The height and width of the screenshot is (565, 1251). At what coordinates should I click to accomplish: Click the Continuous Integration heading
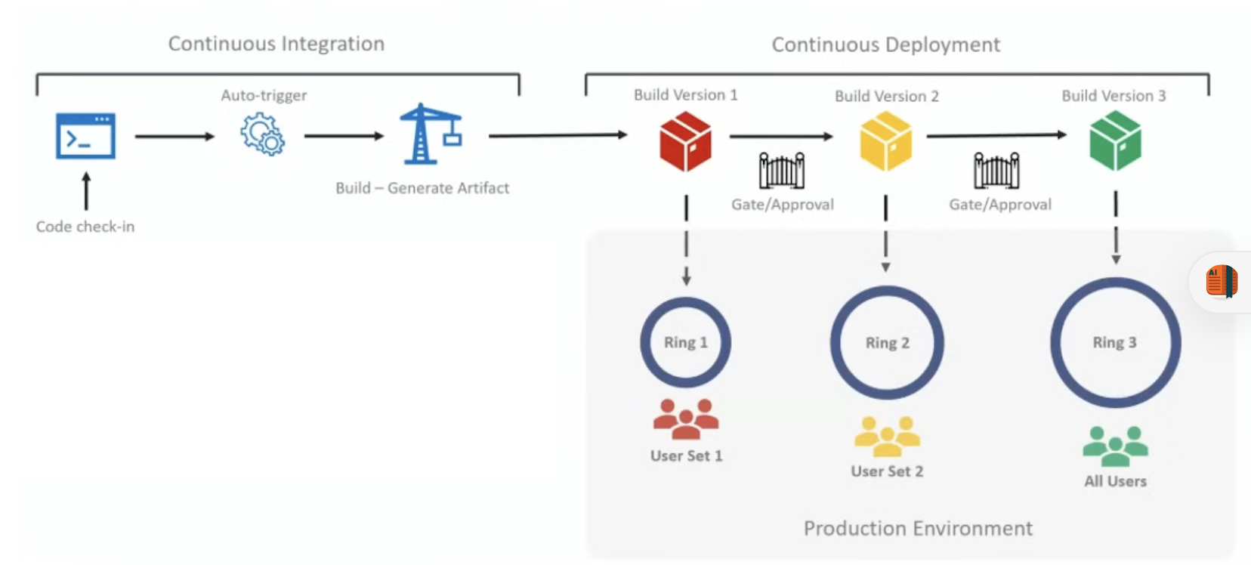(276, 44)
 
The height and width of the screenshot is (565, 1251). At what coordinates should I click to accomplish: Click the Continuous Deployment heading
(885, 45)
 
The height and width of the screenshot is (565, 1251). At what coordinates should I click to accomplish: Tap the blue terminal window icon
(85, 136)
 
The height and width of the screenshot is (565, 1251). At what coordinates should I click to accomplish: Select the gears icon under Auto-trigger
(262, 134)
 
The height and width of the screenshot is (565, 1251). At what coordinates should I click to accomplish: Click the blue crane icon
(430, 134)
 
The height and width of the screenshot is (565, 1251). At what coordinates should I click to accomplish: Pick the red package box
(685, 141)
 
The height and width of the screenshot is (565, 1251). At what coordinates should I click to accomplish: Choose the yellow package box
(886, 141)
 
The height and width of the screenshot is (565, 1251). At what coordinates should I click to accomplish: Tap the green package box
(1115, 140)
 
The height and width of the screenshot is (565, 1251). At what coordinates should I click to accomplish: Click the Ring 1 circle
(685, 342)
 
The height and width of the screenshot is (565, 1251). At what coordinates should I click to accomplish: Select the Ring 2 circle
(887, 343)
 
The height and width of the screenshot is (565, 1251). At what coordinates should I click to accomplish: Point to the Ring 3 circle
(1115, 342)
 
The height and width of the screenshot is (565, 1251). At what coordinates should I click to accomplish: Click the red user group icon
(686, 419)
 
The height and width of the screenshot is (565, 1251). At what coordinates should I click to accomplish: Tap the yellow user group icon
(887, 437)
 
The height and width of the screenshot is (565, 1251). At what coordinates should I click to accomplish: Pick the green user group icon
(1115, 446)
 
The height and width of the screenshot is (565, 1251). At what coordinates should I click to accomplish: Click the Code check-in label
(85, 227)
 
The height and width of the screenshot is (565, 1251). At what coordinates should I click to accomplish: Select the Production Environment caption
(918, 528)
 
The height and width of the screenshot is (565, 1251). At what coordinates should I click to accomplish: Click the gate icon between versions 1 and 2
(782, 171)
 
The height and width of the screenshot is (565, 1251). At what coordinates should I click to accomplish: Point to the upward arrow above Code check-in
(86, 190)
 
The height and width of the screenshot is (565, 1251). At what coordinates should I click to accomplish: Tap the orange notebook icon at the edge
(1222, 282)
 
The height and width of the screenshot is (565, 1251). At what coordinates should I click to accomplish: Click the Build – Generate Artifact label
(422, 188)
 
